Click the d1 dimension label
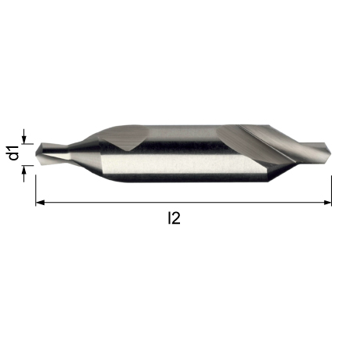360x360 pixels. [x=13, y=153]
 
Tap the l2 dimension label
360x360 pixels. [x=174, y=218]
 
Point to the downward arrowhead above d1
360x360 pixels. [x=24, y=139]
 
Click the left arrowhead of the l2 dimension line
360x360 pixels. [x=40, y=203]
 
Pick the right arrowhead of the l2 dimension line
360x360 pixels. [x=327, y=203]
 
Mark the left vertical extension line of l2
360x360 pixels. [x=36, y=190]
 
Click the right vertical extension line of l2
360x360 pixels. [x=331, y=191]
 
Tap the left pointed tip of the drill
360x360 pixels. [x=36, y=154]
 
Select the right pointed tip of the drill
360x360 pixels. [x=330, y=150]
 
